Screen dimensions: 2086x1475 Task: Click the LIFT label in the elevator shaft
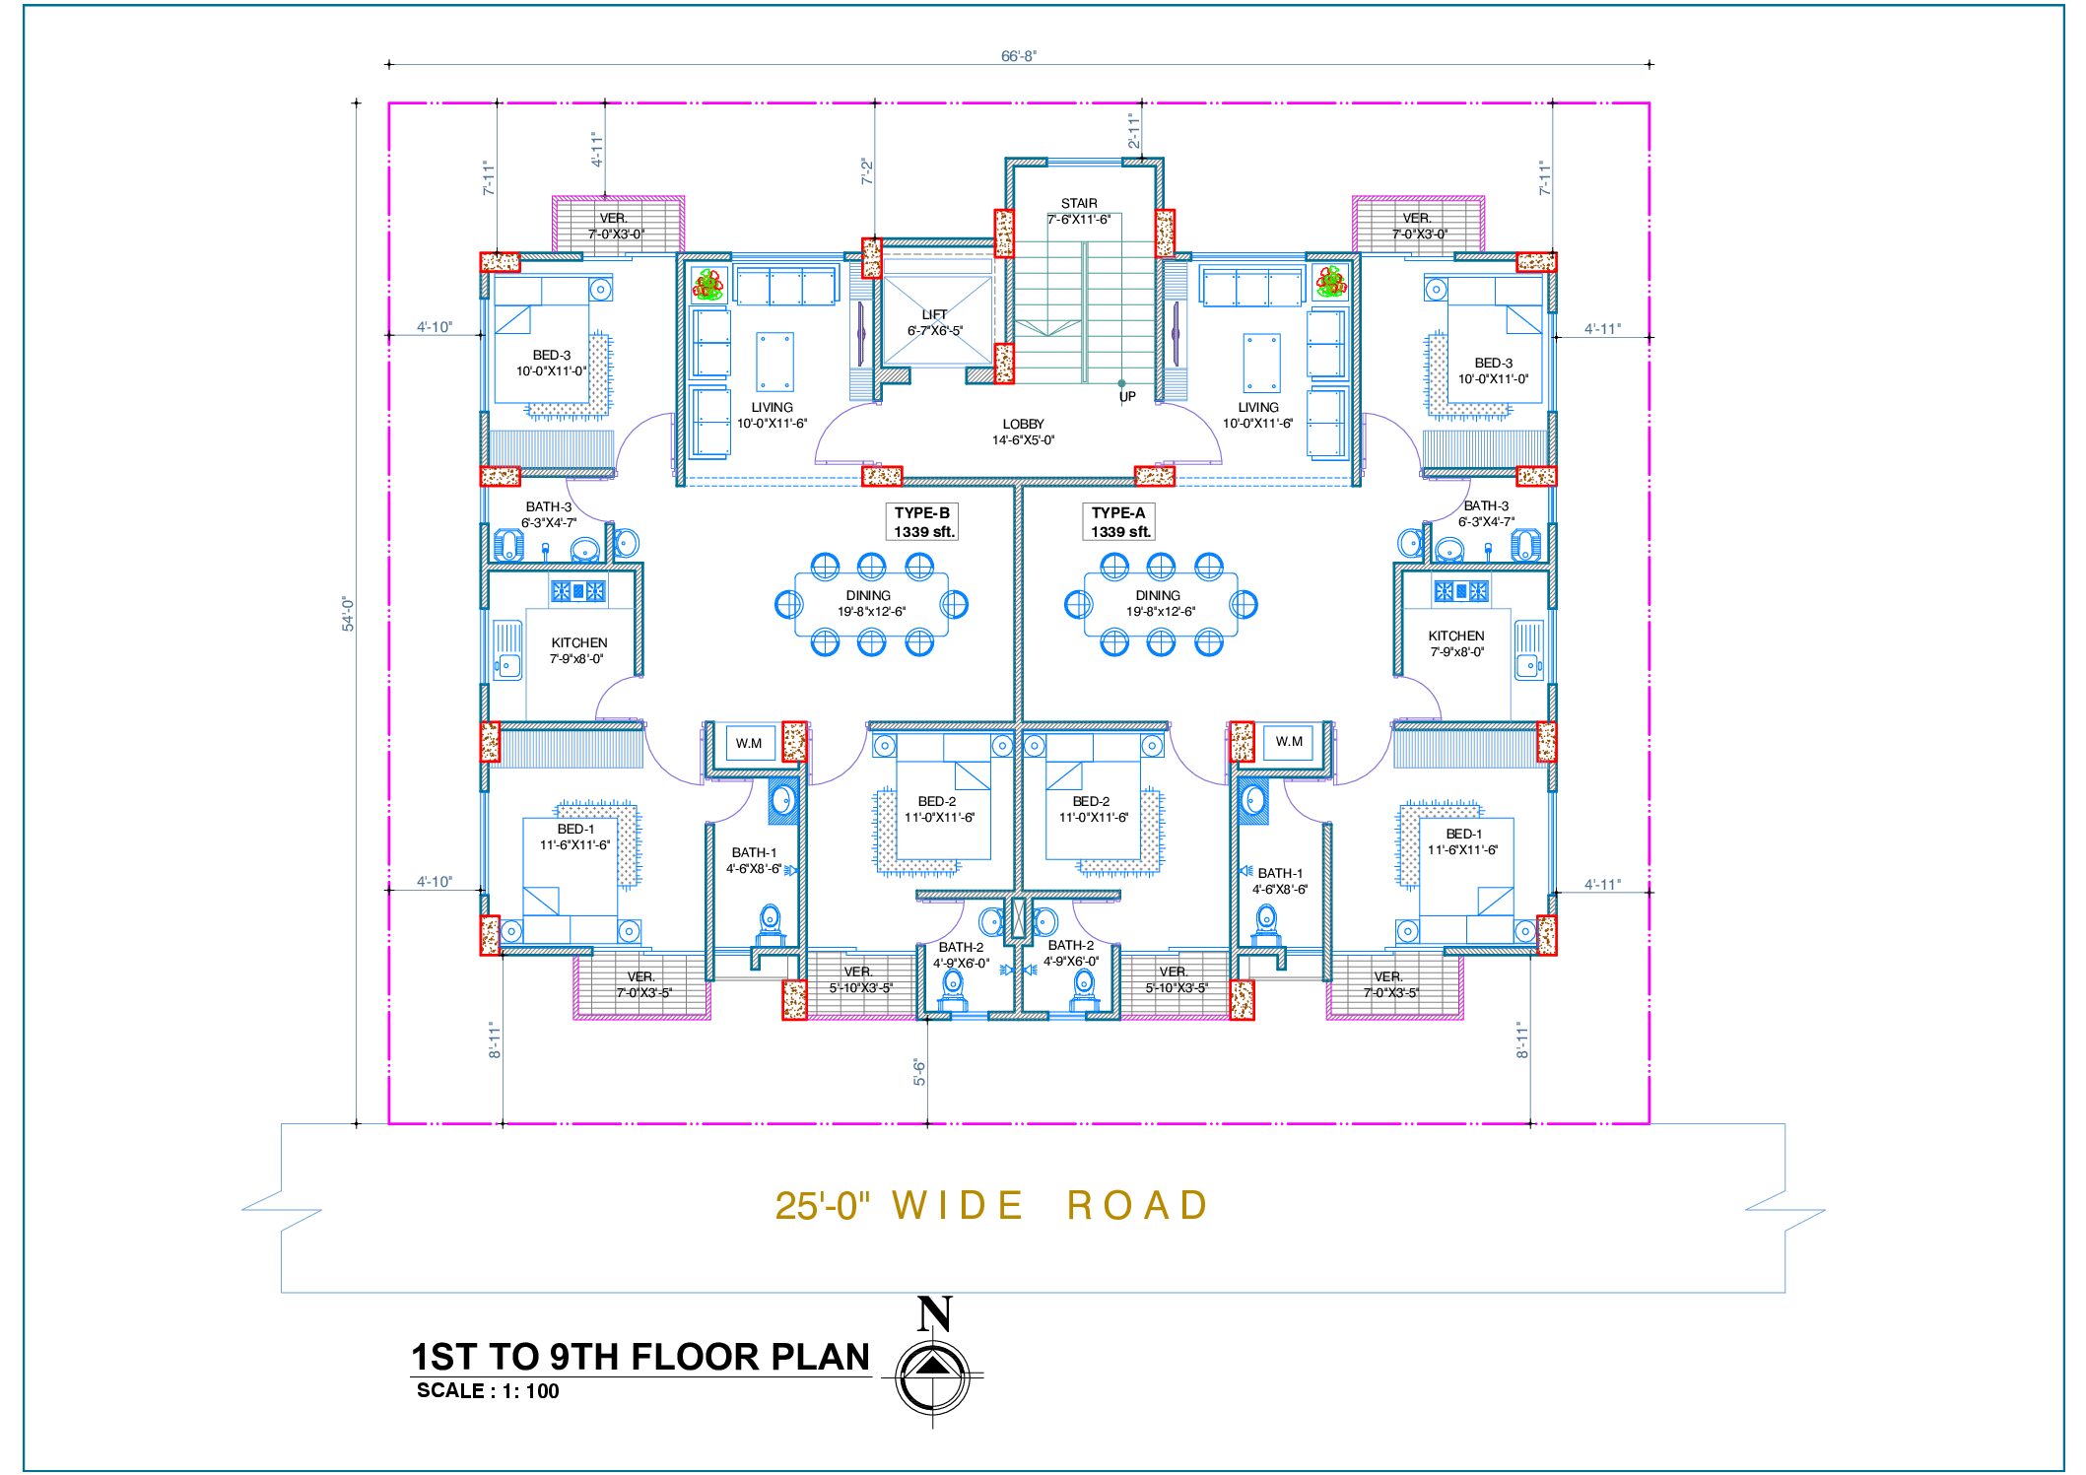(x=934, y=315)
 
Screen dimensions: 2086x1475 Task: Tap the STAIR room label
(x=1079, y=203)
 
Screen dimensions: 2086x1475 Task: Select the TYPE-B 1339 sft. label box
(x=922, y=522)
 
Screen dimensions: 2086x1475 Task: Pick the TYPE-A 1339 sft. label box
(x=1118, y=522)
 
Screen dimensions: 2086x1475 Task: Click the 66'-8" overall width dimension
(x=1019, y=56)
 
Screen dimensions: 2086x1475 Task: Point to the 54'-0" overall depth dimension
(x=348, y=613)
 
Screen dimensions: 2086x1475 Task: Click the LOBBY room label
(x=1023, y=425)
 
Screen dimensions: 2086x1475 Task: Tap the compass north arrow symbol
(x=933, y=1364)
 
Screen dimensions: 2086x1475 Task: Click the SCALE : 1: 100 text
(x=488, y=1391)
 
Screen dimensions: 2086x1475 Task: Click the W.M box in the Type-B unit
(x=749, y=743)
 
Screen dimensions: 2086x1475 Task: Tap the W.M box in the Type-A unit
(x=1289, y=742)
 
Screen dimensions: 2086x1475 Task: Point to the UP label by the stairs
(x=1127, y=397)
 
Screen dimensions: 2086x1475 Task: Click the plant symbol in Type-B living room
(x=707, y=285)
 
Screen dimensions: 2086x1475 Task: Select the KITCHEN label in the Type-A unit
(x=1456, y=637)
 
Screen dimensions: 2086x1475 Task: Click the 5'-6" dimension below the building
(x=919, y=1072)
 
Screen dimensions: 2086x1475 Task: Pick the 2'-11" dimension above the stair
(x=1133, y=131)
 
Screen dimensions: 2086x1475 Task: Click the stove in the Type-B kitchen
(x=578, y=591)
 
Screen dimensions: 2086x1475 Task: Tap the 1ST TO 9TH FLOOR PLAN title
(x=640, y=1357)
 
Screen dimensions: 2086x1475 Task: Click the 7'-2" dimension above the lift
(x=866, y=171)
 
